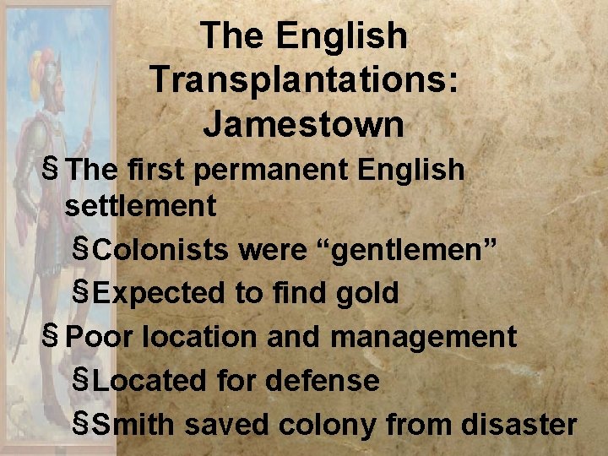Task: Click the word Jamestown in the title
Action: [303, 124]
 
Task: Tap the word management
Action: [423, 337]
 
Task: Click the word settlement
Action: [141, 205]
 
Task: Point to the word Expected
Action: [160, 293]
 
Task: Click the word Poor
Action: [100, 337]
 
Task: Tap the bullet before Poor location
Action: [53, 335]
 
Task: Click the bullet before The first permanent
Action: [53, 168]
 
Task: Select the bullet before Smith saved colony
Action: [82, 423]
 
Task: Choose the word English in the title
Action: [340, 35]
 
